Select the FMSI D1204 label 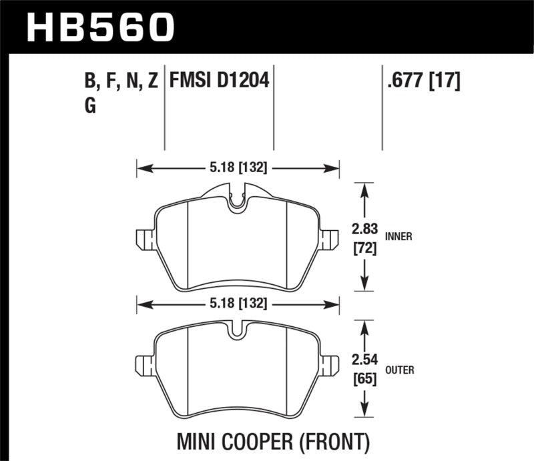(219, 81)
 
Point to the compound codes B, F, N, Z (121, 81)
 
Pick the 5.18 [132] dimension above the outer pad (238, 304)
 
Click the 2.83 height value (364, 230)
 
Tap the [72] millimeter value (364, 249)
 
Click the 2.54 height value (364, 361)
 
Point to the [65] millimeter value (364, 380)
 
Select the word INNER (398, 236)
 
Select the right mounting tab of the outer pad (329, 364)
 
